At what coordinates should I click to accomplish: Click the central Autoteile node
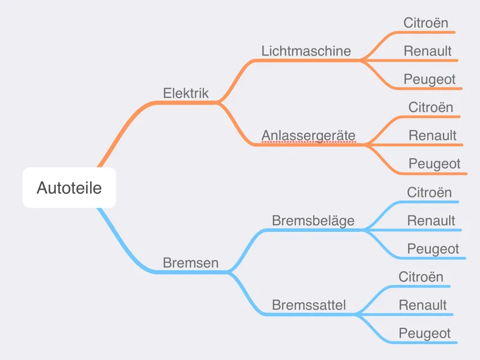pyautogui.click(x=69, y=188)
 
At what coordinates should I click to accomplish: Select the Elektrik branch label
pyautogui.click(x=186, y=93)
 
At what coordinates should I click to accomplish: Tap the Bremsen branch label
pyautogui.click(x=190, y=263)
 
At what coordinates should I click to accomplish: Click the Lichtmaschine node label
pyautogui.click(x=306, y=51)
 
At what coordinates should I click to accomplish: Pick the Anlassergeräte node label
pyautogui.click(x=308, y=136)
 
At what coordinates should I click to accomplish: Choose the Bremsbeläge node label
pyautogui.click(x=313, y=220)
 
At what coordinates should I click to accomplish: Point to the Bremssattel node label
pyautogui.click(x=309, y=305)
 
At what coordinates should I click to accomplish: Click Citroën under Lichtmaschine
pyautogui.click(x=425, y=23)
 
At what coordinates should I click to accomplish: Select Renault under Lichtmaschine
pyautogui.click(x=427, y=51)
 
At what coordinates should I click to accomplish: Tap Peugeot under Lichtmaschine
pyautogui.click(x=430, y=79)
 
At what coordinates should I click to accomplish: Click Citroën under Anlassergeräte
pyautogui.click(x=430, y=107)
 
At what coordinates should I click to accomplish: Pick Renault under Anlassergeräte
pyautogui.click(x=432, y=136)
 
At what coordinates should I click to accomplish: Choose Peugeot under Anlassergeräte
pyautogui.click(x=434, y=164)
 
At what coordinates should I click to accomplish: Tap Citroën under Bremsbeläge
pyautogui.click(x=429, y=192)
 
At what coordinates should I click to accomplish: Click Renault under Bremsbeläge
pyautogui.click(x=431, y=220)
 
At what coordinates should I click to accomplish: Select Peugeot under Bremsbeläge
pyautogui.click(x=433, y=249)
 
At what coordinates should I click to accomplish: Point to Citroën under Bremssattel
pyautogui.click(x=421, y=277)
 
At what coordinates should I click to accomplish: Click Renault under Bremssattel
pyautogui.click(x=422, y=305)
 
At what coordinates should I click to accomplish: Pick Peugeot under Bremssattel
pyautogui.click(x=425, y=334)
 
